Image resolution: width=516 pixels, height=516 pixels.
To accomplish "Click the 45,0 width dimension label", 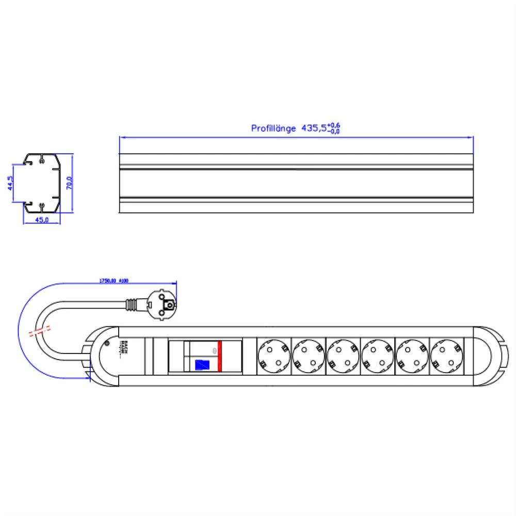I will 41,221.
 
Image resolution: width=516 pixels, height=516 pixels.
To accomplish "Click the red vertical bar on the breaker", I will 219,356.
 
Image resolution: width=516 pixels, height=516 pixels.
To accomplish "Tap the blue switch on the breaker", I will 200,365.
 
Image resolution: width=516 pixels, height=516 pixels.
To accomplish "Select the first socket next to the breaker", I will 273,356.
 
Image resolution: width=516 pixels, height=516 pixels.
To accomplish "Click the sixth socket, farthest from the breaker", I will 447,356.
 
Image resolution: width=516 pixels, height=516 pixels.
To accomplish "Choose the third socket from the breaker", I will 343,356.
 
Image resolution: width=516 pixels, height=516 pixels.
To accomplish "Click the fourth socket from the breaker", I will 378,356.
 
